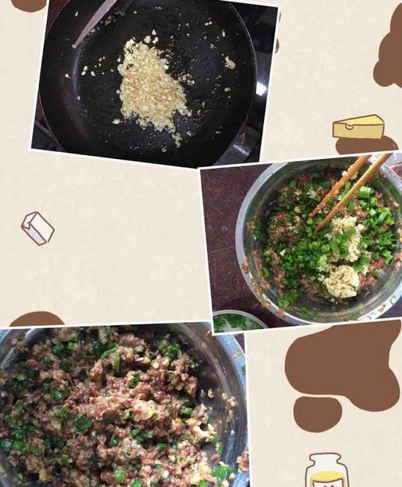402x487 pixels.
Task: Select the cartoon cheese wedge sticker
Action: coord(358,127)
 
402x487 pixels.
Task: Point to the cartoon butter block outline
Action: coord(37,227)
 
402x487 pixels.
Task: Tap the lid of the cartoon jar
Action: coord(325,458)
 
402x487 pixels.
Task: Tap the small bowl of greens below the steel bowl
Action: coord(237,321)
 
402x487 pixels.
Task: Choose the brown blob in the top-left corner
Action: coord(28,4)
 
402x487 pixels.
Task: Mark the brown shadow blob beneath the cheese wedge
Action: coord(365,145)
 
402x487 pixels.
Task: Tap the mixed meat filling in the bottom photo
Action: coord(112,403)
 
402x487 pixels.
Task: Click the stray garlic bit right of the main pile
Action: coord(229,64)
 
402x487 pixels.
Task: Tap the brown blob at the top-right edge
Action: coord(389,56)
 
